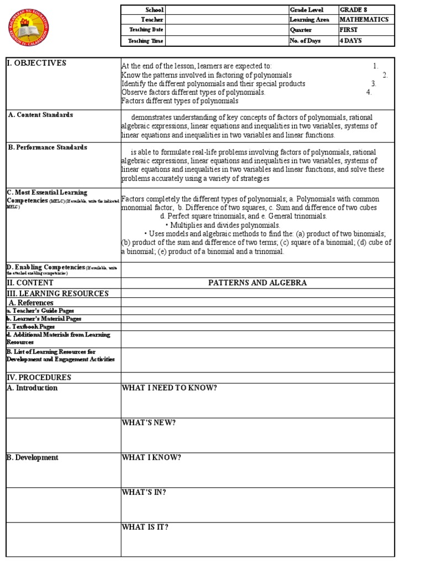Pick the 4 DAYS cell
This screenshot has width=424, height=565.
352,41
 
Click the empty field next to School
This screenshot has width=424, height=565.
226,10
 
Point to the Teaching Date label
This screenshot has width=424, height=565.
143,30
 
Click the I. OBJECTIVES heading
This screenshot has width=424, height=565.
36,63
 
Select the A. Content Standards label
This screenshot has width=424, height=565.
40,115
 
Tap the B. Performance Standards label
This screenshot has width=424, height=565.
47,147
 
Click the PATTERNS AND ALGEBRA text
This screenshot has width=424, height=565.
257,282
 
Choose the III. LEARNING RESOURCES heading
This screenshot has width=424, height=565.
57,293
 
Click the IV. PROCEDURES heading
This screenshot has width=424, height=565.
39,377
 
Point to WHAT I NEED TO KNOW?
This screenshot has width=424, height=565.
169,387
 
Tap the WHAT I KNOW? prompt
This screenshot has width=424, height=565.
151,457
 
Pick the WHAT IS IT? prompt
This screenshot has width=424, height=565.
145,527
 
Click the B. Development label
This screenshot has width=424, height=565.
32,457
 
